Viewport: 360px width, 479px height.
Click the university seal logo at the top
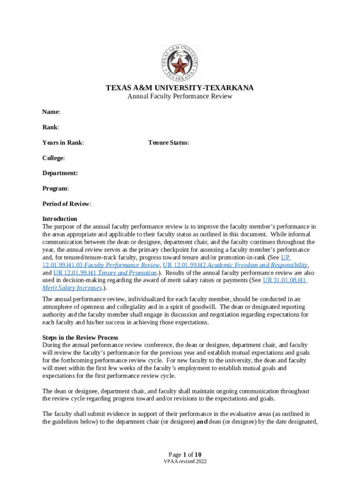(x=180, y=62)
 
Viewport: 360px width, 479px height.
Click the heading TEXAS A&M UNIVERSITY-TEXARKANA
(x=180, y=88)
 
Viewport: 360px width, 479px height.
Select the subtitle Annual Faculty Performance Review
(x=180, y=97)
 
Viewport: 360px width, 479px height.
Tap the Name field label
(x=51, y=112)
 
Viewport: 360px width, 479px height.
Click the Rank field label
(x=50, y=127)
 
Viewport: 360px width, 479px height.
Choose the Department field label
(x=60, y=173)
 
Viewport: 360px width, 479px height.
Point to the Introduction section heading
(x=60, y=219)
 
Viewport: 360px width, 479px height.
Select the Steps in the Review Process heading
(x=80, y=337)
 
